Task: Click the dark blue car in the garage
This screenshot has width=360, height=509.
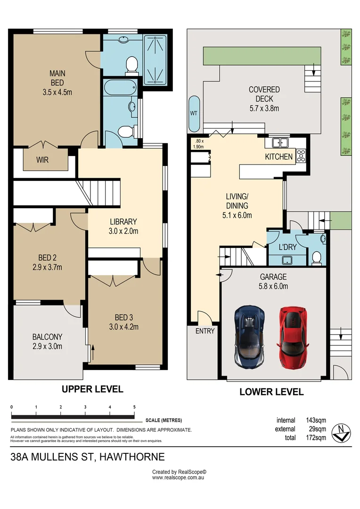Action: click(x=249, y=337)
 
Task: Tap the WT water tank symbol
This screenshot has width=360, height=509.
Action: click(x=194, y=114)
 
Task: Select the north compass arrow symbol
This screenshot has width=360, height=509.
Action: click(x=341, y=433)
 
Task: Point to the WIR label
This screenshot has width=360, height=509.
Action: click(x=42, y=160)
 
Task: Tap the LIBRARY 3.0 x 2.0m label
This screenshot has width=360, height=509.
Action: click(x=123, y=226)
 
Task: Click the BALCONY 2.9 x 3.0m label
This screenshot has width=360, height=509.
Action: click(x=48, y=342)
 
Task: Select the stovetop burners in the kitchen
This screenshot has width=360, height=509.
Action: click(x=301, y=155)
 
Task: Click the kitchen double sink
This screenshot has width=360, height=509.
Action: click(x=280, y=142)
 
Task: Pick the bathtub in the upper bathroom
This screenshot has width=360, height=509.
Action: click(x=120, y=87)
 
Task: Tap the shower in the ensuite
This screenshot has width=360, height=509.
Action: click(x=155, y=59)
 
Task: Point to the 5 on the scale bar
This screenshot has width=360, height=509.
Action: click(x=134, y=407)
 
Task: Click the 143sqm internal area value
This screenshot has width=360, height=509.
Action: click(x=316, y=420)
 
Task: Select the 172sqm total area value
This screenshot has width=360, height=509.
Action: click(x=316, y=437)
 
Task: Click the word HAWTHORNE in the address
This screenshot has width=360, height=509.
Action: click(x=132, y=457)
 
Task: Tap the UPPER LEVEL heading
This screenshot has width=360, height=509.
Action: click(x=92, y=389)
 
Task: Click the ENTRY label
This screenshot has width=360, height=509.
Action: click(x=205, y=331)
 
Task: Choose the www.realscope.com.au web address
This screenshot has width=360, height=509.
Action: click(x=178, y=477)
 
